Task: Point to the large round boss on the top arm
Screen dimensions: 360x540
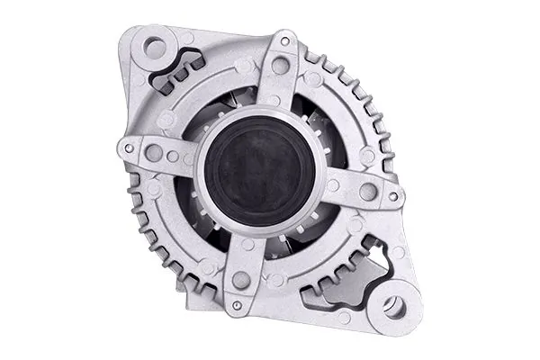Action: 281,65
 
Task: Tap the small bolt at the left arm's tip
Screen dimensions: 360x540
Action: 130,147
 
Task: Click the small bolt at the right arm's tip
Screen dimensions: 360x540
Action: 395,198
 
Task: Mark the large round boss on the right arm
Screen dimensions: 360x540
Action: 366,192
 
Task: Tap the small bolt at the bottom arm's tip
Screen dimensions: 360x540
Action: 237,305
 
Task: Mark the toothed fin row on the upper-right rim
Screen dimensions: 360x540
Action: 355,99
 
